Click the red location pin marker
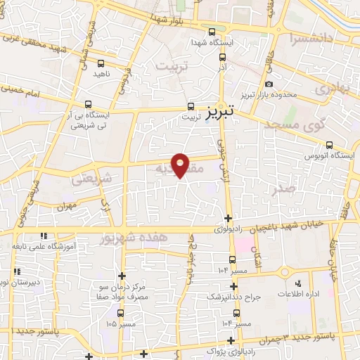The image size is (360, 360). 181,163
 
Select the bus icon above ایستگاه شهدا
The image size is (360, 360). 212,31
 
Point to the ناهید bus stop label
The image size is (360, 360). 99,72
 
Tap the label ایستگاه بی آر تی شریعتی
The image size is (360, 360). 88,120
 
